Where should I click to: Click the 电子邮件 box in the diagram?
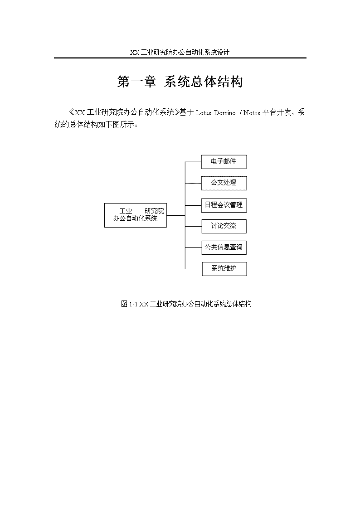[224, 162]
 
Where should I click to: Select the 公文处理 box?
[224, 183]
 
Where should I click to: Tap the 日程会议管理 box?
[224, 205]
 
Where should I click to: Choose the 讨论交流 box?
[224, 226]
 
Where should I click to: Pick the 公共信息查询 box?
[224, 247]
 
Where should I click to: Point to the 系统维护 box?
[224, 269]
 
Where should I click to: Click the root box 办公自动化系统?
[136, 215]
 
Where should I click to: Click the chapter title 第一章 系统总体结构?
[180, 82]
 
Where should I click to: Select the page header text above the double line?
[180, 52]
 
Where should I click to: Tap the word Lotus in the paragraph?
[204, 113]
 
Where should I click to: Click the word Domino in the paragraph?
[224, 113]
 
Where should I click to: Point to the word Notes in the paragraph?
[252, 113]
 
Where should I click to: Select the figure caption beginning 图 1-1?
[186, 304]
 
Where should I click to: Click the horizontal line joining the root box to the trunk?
[176, 215]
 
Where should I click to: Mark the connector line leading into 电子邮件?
[193, 161]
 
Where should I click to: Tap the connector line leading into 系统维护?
[194, 269]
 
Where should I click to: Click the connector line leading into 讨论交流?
[193, 226]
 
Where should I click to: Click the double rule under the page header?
[180, 58]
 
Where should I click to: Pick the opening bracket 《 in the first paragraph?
[72, 113]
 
